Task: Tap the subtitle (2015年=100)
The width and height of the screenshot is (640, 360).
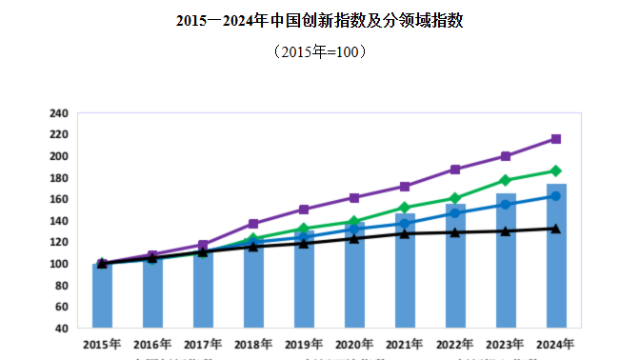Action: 320,51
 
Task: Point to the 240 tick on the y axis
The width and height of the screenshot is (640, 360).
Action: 58,113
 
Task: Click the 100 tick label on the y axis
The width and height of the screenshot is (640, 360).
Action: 58,264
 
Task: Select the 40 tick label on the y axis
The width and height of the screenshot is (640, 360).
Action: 61,329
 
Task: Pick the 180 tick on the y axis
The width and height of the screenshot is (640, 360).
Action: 58,178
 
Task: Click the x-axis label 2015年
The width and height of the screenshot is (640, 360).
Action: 102,344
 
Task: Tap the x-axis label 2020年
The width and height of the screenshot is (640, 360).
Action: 354,344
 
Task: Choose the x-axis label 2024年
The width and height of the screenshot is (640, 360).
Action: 556,344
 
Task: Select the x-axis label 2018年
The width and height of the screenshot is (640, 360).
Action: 253,344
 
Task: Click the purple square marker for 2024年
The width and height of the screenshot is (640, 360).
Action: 556,139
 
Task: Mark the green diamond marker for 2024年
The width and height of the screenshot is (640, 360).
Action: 556,171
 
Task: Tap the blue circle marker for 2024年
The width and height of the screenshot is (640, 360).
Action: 556,196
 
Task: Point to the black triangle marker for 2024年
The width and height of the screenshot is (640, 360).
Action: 556,229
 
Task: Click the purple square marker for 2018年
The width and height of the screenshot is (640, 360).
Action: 253,224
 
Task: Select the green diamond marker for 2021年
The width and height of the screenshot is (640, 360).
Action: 405,208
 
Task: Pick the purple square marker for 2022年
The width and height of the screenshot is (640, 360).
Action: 455,170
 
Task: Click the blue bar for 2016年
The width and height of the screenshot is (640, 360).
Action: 152,295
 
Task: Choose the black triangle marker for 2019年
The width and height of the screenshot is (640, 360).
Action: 304,243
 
